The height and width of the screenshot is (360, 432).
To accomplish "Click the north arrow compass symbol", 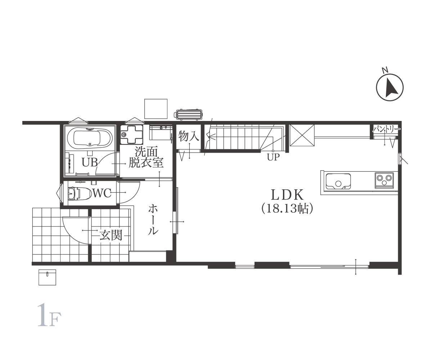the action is (x=390, y=87).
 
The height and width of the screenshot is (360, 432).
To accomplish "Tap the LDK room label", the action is (x=287, y=195).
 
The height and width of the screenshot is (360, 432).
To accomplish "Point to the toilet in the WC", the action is (x=80, y=193).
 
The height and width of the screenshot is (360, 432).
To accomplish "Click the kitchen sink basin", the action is (x=338, y=181).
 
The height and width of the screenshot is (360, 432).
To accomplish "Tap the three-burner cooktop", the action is (x=384, y=180).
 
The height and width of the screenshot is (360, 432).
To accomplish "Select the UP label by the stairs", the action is (x=273, y=157).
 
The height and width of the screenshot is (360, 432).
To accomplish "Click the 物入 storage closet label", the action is (x=189, y=136).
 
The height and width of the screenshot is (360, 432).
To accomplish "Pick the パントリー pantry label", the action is (x=386, y=130).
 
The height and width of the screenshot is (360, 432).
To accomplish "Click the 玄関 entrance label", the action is (x=111, y=235).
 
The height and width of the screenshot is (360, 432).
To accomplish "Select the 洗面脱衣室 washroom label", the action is (x=146, y=157).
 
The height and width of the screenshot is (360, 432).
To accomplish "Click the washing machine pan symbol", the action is (x=132, y=134).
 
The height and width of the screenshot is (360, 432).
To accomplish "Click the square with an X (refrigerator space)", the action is (x=302, y=135).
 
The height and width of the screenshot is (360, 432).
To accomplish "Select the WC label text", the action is (x=102, y=193).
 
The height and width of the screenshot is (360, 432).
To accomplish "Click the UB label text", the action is (x=90, y=162).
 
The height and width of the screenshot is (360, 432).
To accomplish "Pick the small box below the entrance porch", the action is (x=48, y=277).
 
